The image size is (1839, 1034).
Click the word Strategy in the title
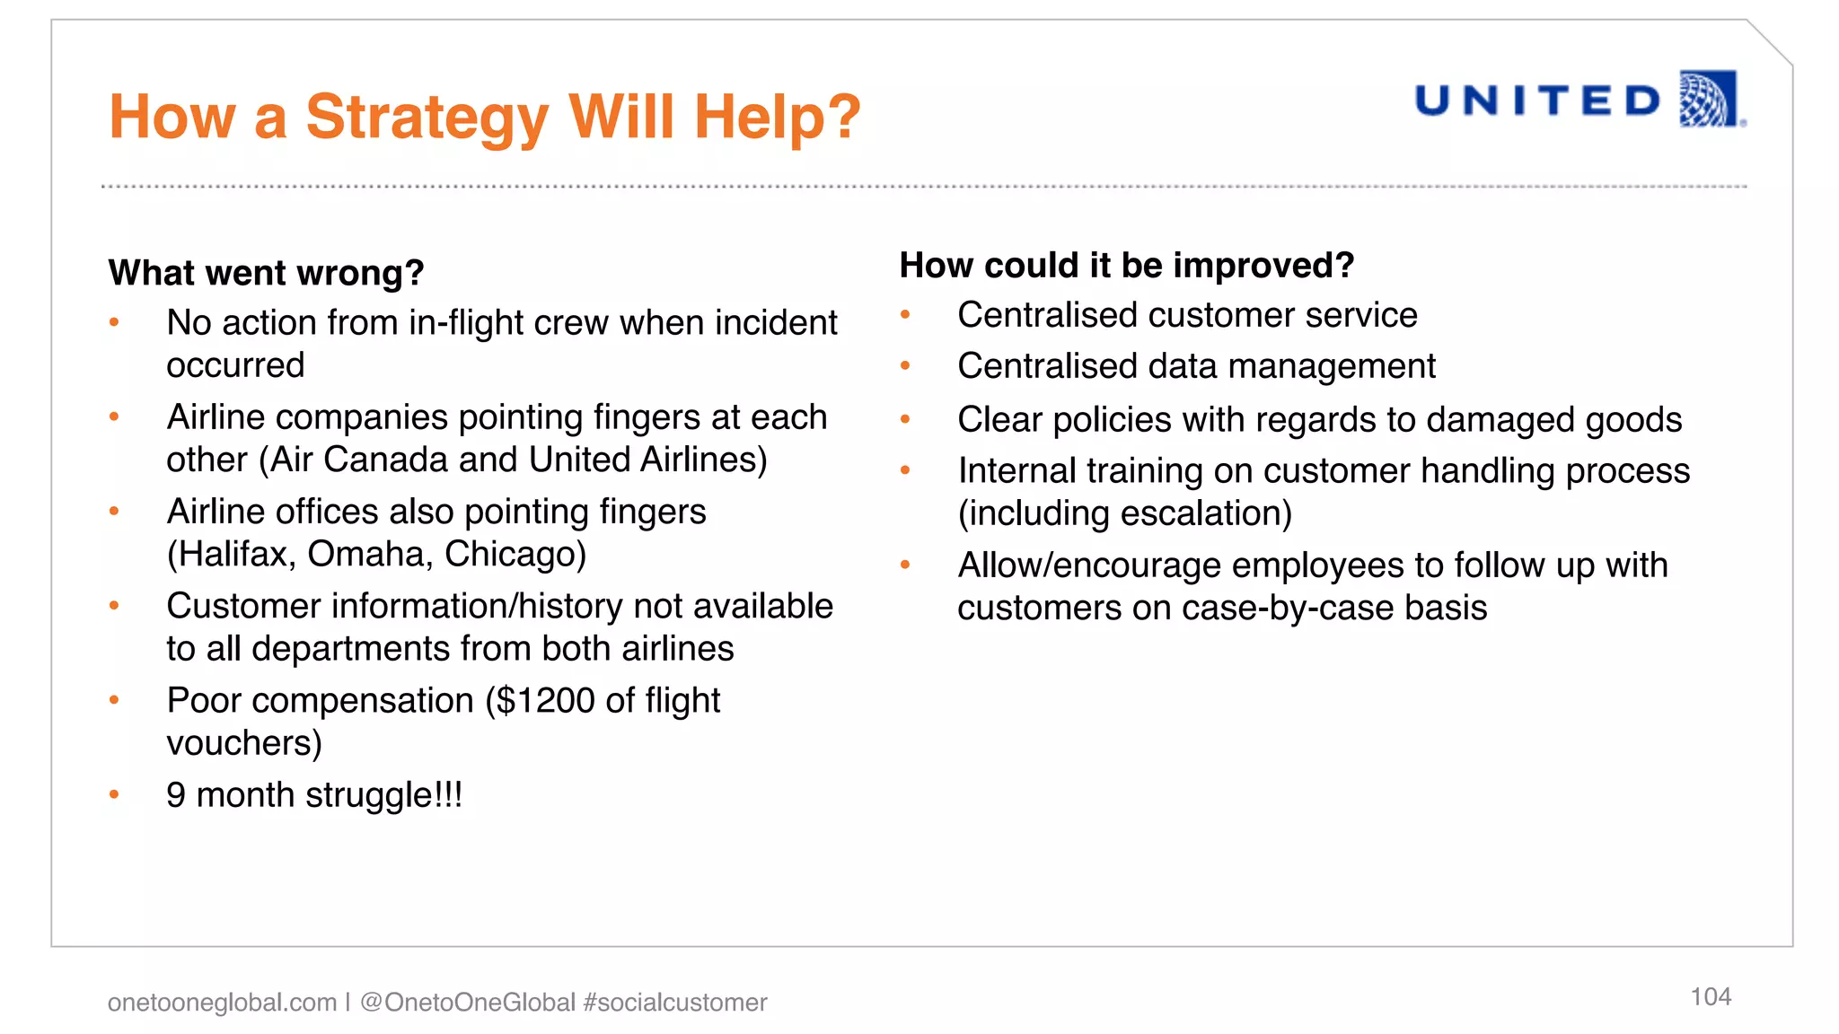pos(427,118)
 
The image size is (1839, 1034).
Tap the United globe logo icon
pos(1708,99)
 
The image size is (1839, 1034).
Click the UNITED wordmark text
pos(1538,101)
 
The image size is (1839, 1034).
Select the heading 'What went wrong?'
pos(266,273)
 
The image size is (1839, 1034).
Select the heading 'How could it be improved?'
pos(1126,266)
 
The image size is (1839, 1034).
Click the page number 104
pos(1710,996)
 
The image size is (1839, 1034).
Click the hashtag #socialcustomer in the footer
pos(674,1003)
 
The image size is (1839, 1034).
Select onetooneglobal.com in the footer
pos(222,1003)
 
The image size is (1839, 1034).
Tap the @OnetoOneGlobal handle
pos(467,1003)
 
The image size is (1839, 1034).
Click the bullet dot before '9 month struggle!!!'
pos(114,794)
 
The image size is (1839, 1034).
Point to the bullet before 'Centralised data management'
pos(905,366)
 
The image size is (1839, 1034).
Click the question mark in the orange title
pos(842,118)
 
